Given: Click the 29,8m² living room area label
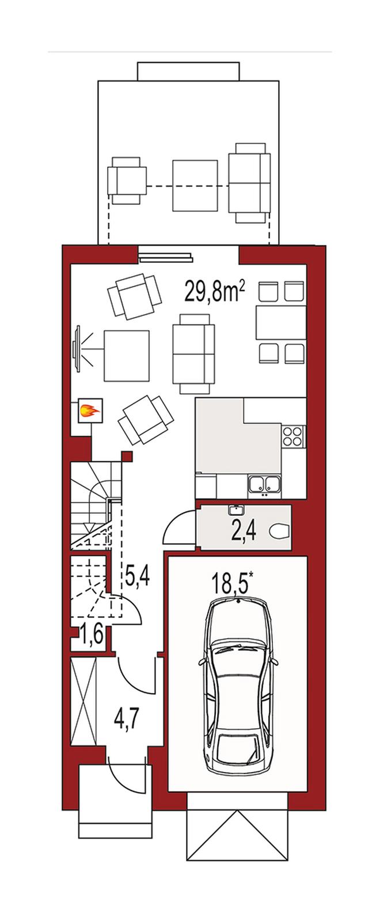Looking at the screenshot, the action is pyautogui.click(x=215, y=292).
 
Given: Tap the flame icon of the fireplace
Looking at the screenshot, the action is pyautogui.click(x=89, y=410).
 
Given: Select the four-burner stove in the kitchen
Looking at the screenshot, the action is pyautogui.click(x=294, y=436).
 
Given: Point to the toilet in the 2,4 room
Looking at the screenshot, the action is pyautogui.click(x=282, y=531).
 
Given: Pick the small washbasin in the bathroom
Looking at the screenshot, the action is pyautogui.click(x=237, y=510).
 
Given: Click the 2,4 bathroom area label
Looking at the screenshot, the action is pyautogui.click(x=244, y=531).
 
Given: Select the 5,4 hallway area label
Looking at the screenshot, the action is pyautogui.click(x=138, y=577).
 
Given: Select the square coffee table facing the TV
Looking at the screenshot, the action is pyautogui.click(x=127, y=356).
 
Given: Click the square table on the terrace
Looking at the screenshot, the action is pyautogui.click(x=195, y=186).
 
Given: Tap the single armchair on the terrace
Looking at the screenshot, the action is pyautogui.click(x=127, y=180).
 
